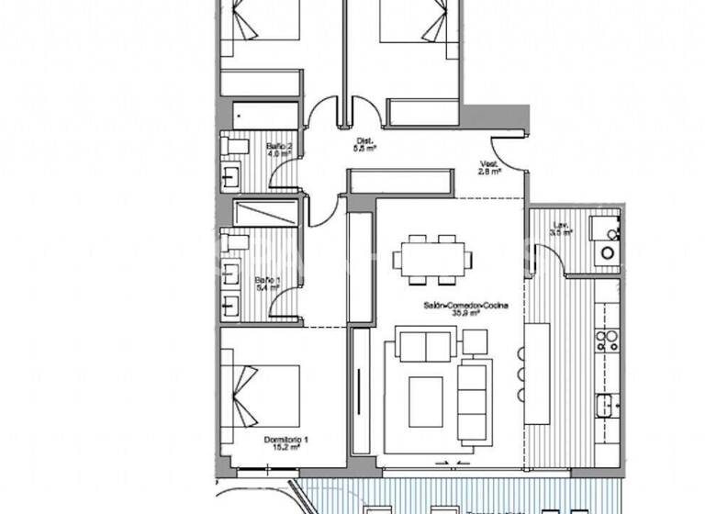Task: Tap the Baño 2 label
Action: coord(279,151)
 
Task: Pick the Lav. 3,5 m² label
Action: coord(562,229)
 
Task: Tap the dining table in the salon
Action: coord(432,259)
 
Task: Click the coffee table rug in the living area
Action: coord(424,400)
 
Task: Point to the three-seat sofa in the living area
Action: coord(475,400)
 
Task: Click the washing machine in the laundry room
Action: coord(606,251)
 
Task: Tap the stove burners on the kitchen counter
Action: coord(607,341)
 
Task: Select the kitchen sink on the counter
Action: coord(607,404)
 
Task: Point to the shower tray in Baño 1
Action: coord(265,213)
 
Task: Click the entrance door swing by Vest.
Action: coord(509,152)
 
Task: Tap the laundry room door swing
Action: coord(550,258)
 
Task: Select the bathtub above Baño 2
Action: coord(265,116)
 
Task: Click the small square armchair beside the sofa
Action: coord(475,341)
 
